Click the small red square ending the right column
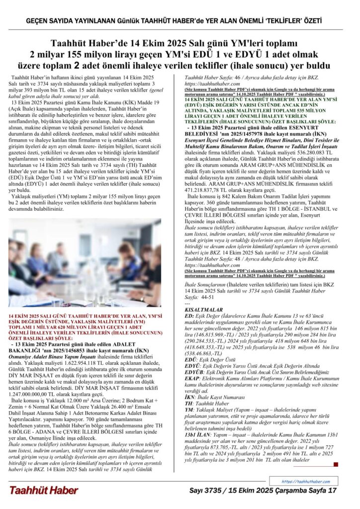pos(336,464)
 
